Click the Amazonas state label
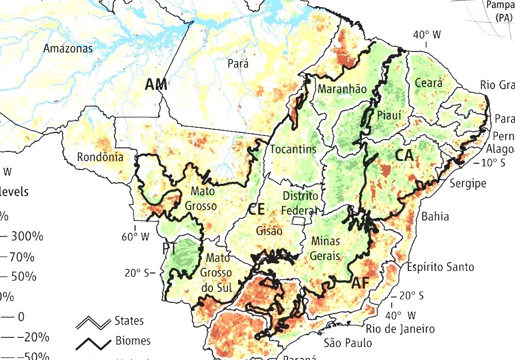pos(68,49)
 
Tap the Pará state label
pos(238,63)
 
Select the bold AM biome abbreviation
pos(156,84)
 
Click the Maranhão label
pos(342,89)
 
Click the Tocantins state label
pos(293,149)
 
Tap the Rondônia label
pos(100,157)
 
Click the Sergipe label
pos(468,183)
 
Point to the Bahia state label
pos(435,216)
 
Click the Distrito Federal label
pos(300,203)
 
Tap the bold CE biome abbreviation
pos(256,210)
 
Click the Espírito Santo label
pos(440,267)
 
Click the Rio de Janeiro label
pos(400,329)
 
